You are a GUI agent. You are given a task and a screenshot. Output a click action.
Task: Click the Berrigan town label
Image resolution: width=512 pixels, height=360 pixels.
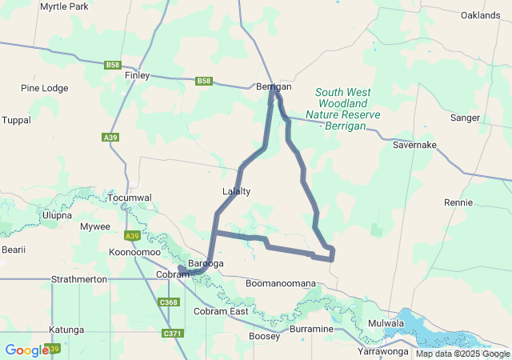coord(274,86)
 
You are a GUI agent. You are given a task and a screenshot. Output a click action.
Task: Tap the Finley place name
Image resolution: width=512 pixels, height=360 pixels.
coord(138,75)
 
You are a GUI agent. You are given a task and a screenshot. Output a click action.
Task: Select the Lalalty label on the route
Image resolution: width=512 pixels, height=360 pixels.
coord(236,191)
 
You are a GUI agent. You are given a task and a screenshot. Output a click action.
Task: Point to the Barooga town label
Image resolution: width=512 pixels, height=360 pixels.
coord(206,263)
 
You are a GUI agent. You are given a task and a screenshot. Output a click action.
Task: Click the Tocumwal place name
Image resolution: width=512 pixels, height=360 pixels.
coord(129,198)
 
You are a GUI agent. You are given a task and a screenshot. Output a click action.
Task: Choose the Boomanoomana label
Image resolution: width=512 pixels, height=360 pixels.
coord(281,284)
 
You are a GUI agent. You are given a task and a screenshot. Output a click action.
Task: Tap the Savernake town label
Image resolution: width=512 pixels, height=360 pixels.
coord(414,145)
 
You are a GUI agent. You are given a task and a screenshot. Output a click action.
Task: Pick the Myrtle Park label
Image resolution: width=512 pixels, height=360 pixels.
coord(64,6)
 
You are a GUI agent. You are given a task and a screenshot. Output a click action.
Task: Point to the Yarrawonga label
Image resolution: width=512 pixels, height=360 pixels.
coord(383,351)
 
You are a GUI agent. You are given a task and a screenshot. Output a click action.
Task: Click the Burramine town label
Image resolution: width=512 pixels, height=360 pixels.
coord(312,329)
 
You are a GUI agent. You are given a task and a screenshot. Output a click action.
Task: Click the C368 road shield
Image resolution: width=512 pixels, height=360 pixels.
coord(169,302)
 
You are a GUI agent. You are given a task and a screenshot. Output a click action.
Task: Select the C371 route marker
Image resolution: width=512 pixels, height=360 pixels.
coord(171,333)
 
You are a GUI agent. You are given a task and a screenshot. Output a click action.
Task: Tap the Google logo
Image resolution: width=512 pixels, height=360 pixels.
coord(26,350)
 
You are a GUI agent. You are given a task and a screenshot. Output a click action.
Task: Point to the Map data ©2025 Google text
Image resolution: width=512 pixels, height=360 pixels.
coord(462,354)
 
